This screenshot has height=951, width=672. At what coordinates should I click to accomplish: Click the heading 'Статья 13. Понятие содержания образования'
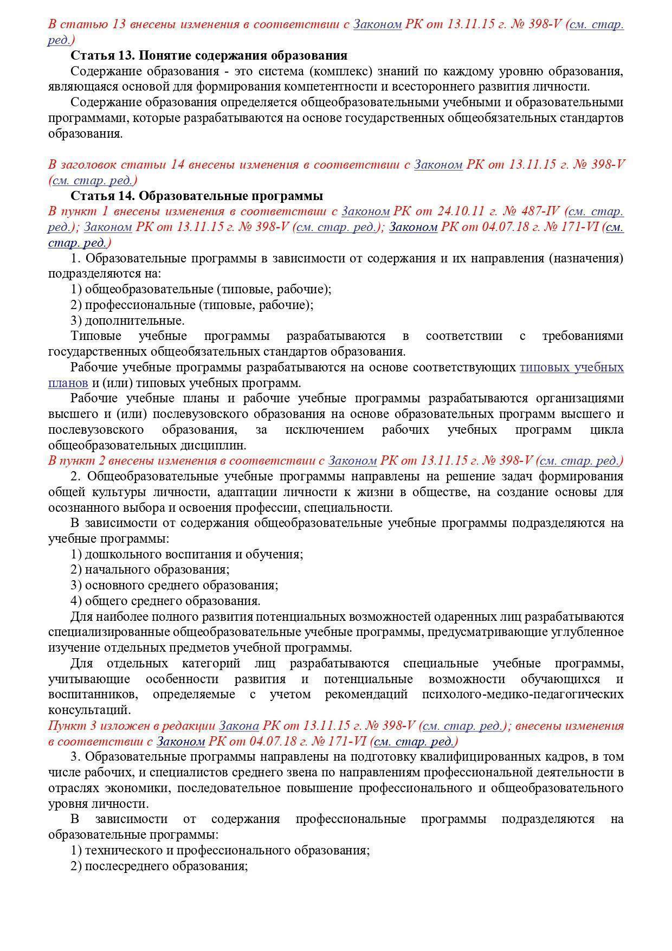tap(209, 56)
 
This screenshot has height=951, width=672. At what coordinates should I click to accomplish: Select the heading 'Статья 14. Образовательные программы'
tap(197, 196)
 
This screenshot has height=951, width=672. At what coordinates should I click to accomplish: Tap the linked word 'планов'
tap(68, 383)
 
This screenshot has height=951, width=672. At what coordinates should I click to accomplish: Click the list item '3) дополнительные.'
tap(127, 320)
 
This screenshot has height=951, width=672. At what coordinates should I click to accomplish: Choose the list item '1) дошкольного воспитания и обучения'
tap(186, 554)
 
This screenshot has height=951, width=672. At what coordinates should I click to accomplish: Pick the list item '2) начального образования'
tap(150, 570)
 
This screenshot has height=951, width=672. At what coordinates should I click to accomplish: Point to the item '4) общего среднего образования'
tap(165, 601)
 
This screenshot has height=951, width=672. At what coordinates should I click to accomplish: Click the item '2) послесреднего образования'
tap(159, 866)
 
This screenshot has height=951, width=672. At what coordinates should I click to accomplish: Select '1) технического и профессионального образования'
tap(220, 850)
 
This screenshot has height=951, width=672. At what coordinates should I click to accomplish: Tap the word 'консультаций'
tap(89, 710)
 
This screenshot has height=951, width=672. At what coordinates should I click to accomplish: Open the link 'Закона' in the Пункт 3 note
tap(238, 726)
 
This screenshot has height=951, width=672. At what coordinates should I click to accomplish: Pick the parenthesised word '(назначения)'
tap(585, 258)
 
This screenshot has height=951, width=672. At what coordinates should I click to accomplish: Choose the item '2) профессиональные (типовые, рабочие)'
tap(192, 305)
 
